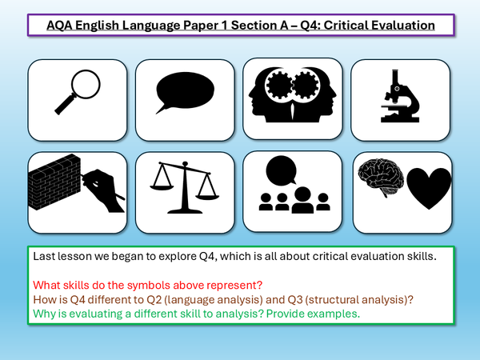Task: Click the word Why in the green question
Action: click(41, 314)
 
